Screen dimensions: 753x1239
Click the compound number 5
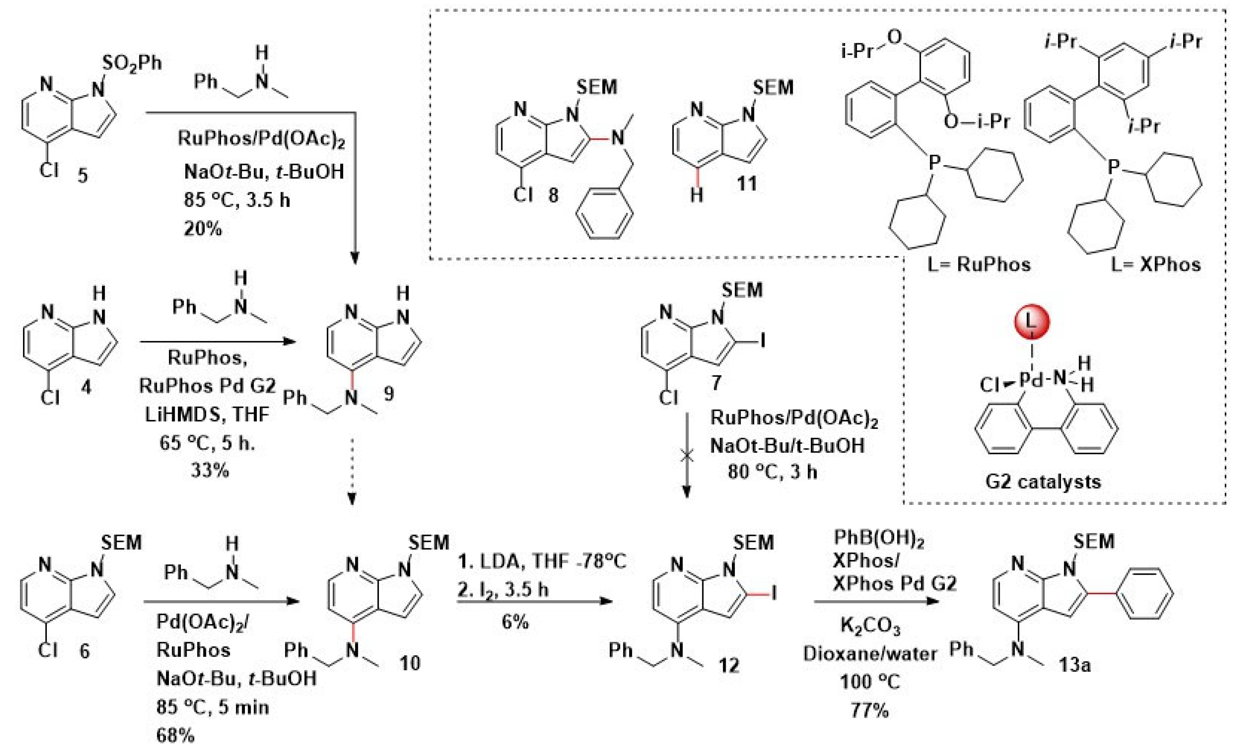tap(83, 175)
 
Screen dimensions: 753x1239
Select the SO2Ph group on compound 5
tap(132, 63)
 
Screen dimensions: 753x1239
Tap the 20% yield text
tap(203, 229)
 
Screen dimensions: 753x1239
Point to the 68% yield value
tap(175, 735)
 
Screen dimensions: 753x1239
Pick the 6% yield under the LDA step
tap(515, 622)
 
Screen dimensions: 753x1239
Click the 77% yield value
tap(870, 710)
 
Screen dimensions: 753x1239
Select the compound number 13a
tap(1075, 665)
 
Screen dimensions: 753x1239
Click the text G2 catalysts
tap(1043, 481)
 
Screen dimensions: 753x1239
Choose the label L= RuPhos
tap(978, 265)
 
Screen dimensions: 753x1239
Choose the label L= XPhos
tap(1156, 265)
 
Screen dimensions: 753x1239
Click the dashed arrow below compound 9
tap(352, 470)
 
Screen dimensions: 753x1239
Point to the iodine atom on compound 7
tap(763, 342)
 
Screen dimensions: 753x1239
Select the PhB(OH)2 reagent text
tap(879, 539)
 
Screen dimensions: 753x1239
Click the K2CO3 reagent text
tap(870, 626)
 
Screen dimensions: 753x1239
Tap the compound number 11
tap(747, 184)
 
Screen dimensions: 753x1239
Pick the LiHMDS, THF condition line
tap(207, 414)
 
